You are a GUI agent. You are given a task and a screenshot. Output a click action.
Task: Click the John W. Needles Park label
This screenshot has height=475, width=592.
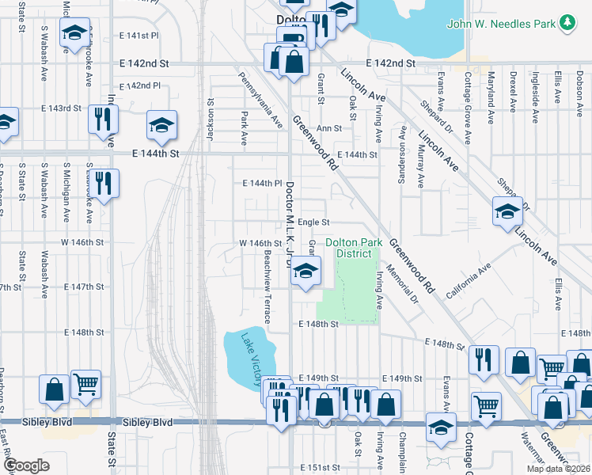pos(502,25)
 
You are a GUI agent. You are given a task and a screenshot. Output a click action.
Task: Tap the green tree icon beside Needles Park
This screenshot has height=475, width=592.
pos(567,24)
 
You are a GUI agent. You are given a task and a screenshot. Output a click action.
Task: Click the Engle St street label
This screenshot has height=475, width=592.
pos(313,223)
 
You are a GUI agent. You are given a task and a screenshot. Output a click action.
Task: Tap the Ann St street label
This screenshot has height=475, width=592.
pos(328,127)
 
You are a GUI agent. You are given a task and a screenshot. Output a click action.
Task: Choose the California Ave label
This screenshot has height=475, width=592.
pos(468,282)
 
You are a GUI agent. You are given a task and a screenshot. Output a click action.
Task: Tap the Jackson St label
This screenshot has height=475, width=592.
pos(211,119)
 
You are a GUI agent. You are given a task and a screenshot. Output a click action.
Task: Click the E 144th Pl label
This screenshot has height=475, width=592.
pos(263,183)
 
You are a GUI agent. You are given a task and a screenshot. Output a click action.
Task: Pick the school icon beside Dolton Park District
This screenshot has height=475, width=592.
pos(305,272)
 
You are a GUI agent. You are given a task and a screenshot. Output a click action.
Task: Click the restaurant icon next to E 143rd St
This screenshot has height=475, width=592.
pos(103,120)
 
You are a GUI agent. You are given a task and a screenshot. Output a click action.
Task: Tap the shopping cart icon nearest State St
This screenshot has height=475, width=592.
pos(85,386)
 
